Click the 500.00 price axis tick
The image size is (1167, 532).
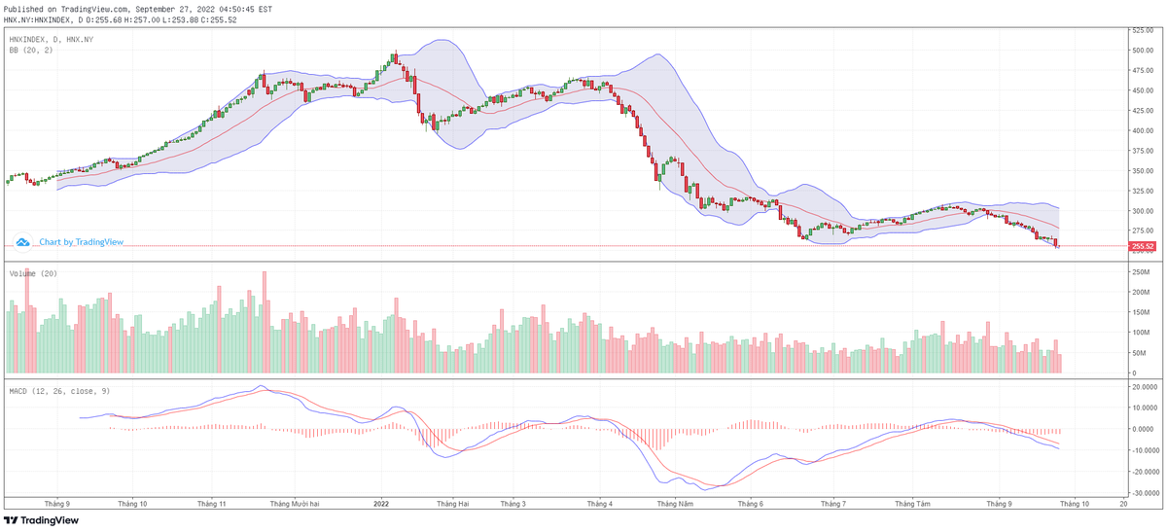tap(1141, 50)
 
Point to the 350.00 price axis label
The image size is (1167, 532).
tap(1141, 170)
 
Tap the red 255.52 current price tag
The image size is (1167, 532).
tap(1143, 247)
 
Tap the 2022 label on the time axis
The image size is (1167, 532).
tap(381, 505)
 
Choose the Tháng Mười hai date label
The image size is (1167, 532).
tap(295, 505)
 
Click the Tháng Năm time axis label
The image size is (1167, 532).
tap(675, 505)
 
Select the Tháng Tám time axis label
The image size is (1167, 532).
tap(913, 505)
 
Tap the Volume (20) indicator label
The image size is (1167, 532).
tap(33, 273)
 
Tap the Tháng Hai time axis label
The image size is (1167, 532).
tap(453, 505)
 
